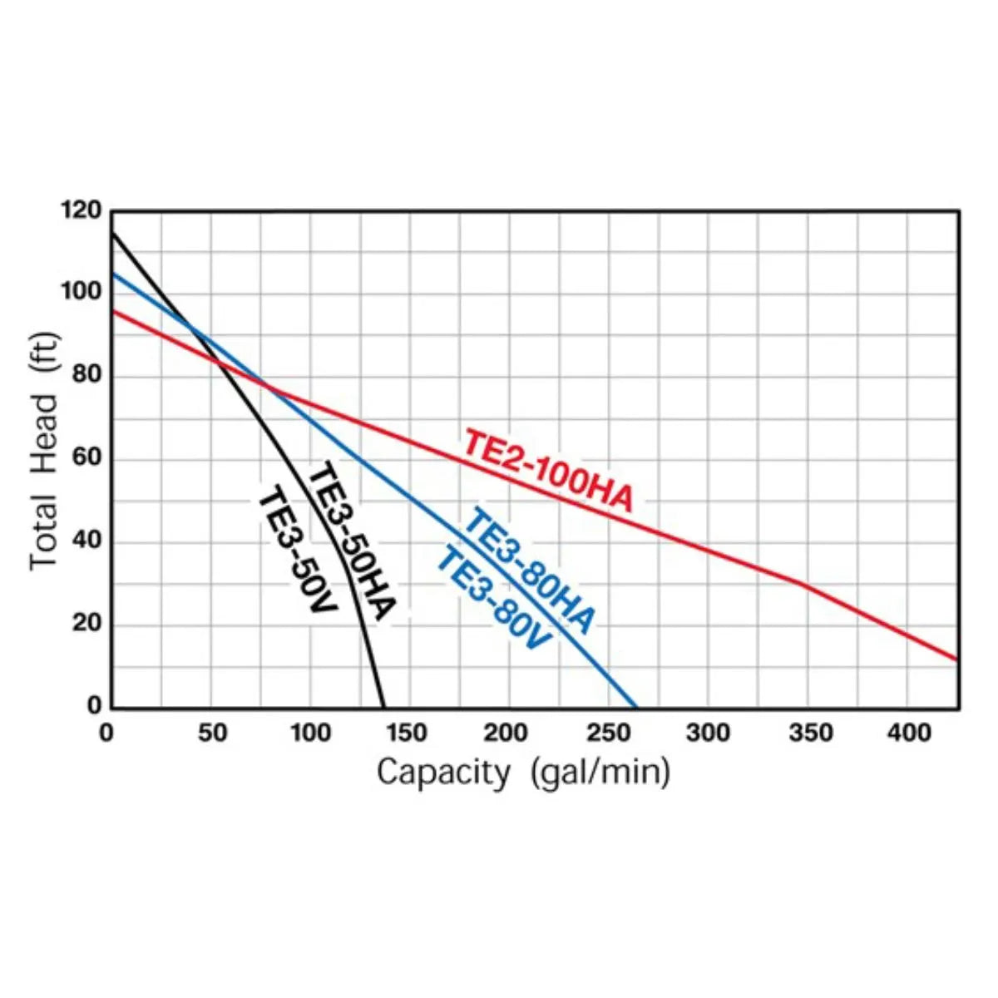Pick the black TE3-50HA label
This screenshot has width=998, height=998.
coord(351,541)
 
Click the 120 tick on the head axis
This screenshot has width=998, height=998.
coord(81,211)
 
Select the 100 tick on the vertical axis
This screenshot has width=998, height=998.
coord(81,293)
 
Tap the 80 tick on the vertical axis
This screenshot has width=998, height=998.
coord(86,376)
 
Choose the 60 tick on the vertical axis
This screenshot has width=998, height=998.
coord(86,458)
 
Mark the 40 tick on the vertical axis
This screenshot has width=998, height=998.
coord(86,541)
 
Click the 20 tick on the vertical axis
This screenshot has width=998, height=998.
coord(86,624)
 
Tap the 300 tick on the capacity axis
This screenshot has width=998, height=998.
coord(709,734)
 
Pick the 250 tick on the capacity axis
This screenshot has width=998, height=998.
coord(609,734)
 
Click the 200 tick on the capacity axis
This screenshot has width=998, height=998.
coord(508,734)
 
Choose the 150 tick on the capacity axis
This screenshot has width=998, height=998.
coord(408,734)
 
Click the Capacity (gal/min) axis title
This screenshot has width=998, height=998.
coord(523,773)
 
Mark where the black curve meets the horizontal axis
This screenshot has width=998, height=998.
coord(383,708)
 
